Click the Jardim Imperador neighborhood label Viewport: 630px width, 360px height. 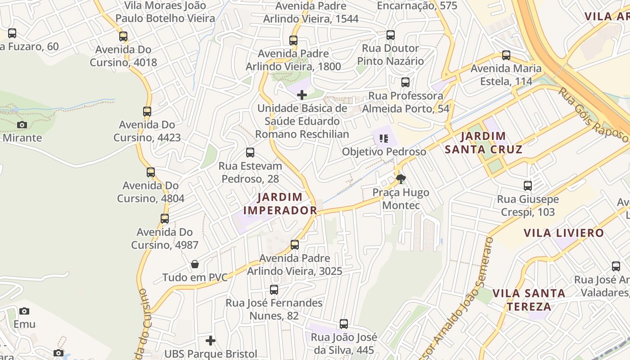280,203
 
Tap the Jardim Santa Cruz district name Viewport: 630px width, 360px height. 484,143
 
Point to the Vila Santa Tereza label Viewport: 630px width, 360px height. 529,300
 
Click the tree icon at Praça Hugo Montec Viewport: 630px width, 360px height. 400,180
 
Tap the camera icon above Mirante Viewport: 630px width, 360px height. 22,125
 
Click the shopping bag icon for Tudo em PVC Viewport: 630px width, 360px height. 195,264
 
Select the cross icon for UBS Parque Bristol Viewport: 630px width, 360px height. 211,341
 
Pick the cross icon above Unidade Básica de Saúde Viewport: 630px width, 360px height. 302,95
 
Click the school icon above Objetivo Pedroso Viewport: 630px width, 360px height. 383,139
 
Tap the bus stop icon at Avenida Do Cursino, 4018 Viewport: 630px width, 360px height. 123,36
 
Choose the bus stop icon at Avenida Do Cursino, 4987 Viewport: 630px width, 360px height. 165,219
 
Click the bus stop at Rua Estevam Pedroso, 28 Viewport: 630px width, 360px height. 250,153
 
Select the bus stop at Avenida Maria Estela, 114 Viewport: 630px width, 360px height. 506,55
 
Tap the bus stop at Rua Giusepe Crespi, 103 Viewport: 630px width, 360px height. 528,186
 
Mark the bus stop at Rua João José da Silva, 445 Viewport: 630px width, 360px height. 344,324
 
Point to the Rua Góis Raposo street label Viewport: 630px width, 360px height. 593,115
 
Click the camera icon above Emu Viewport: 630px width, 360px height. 24,311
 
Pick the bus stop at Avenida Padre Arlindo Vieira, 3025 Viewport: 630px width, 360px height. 295,245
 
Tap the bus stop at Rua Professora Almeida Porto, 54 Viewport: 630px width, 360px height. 405,82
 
